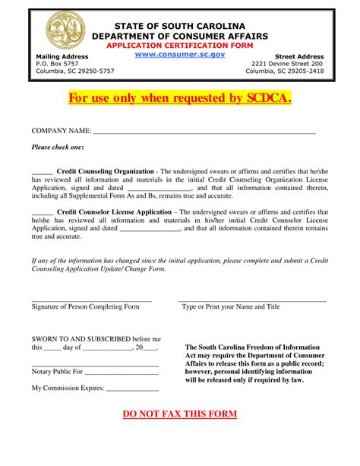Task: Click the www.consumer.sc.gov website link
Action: tap(179, 55)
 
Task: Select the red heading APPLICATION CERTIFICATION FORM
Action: tap(179, 46)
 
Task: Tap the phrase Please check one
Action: tap(58, 147)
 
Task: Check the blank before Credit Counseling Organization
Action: tap(43, 171)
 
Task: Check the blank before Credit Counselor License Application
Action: tap(43, 212)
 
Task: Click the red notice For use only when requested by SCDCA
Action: tap(179, 99)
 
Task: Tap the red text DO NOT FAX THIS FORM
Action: tap(180, 414)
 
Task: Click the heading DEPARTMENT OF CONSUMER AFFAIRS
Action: tap(179, 36)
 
